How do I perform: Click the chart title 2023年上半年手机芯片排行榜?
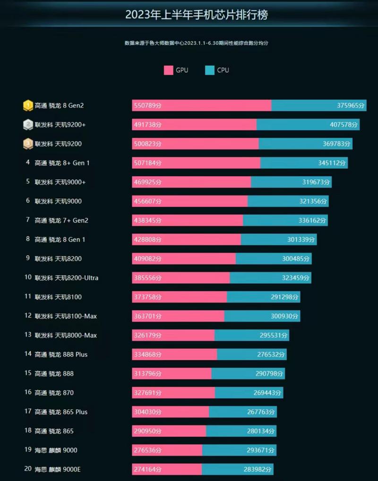(196, 15)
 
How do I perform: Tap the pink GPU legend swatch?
(168, 70)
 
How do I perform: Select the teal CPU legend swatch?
(210, 70)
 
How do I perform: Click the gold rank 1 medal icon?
(28, 105)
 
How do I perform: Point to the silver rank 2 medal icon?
(28, 125)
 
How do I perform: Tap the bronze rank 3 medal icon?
(28, 143)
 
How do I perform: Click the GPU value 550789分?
(147, 106)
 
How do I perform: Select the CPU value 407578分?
(342, 125)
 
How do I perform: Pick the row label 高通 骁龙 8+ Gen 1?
(62, 163)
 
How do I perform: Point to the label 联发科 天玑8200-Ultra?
(67, 278)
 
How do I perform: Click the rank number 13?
(28, 335)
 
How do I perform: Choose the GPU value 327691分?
(147, 392)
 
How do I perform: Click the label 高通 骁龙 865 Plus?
(61, 412)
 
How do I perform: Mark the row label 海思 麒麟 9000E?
(59, 469)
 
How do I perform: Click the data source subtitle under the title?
(197, 43)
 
